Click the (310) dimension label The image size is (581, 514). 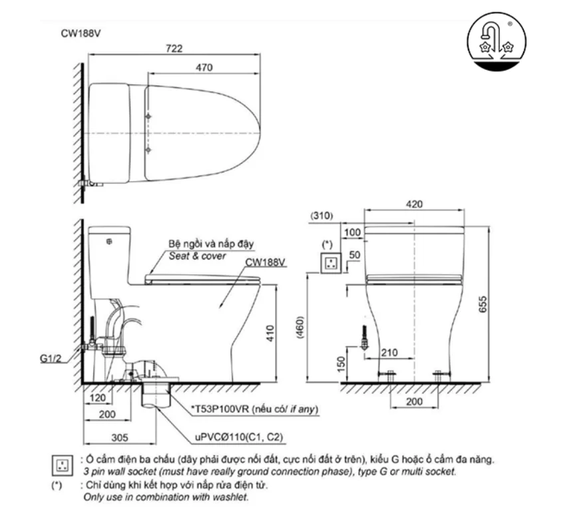[322, 216]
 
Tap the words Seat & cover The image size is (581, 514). [197, 256]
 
